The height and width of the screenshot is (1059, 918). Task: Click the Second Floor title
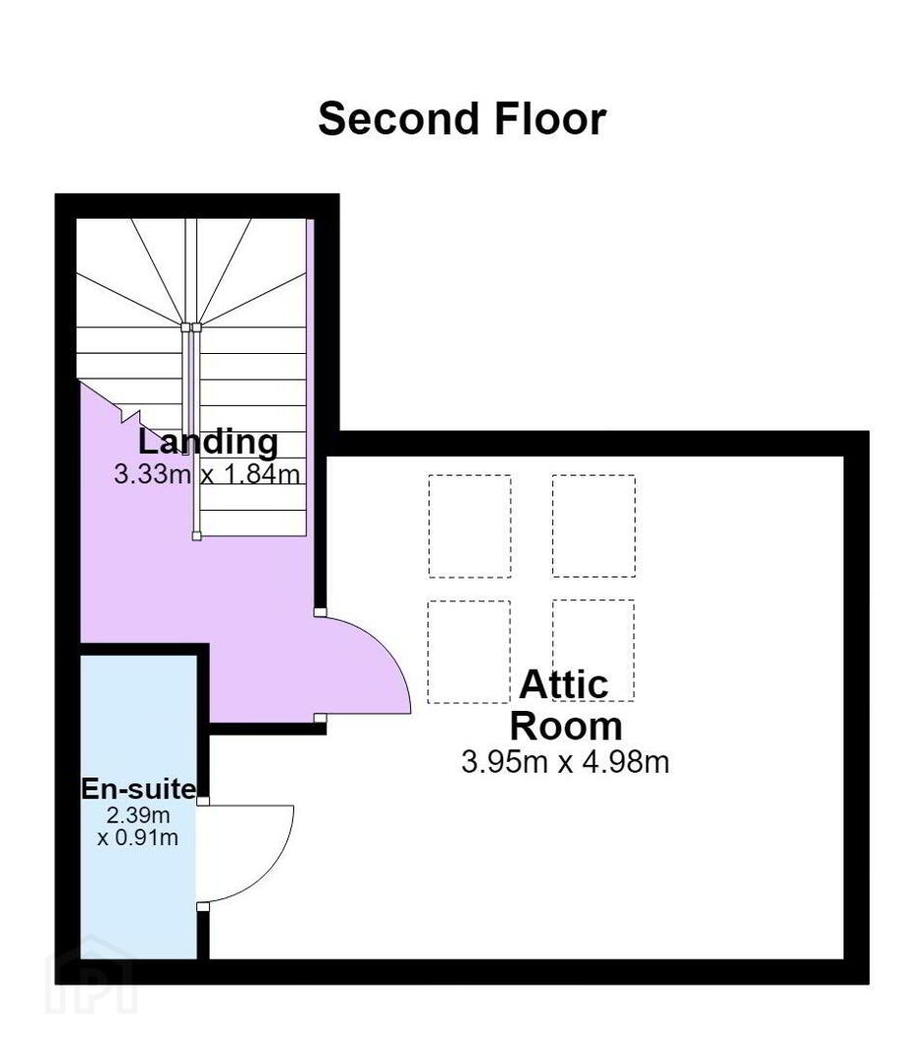(462, 119)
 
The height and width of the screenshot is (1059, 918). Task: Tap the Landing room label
(208, 441)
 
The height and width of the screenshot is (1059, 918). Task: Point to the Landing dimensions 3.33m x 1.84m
(207, 475)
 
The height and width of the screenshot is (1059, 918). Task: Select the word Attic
(563, 684)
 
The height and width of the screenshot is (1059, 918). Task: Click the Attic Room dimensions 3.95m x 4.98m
(565, 762)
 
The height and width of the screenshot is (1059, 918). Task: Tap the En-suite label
(139, 788)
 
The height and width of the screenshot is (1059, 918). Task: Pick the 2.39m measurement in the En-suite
(138, 815)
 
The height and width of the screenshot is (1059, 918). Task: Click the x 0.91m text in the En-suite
(138, 838)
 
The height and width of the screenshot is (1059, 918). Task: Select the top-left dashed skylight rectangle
(470, 527)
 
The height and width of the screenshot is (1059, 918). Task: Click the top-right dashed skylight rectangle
(593, 527)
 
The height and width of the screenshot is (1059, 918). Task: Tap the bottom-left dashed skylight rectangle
(469, 652)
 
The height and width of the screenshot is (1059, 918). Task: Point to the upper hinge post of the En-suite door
(203, 802)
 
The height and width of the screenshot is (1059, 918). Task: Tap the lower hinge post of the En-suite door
(203, 906)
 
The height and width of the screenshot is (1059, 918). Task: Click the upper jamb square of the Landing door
(320, 613)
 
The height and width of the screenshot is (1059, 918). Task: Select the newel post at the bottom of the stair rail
(196, 536)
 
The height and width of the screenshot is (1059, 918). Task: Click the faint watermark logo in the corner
(91, 984)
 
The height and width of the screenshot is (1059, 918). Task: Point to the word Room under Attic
(566, 726)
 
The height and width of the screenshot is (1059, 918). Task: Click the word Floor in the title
(550, 119)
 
